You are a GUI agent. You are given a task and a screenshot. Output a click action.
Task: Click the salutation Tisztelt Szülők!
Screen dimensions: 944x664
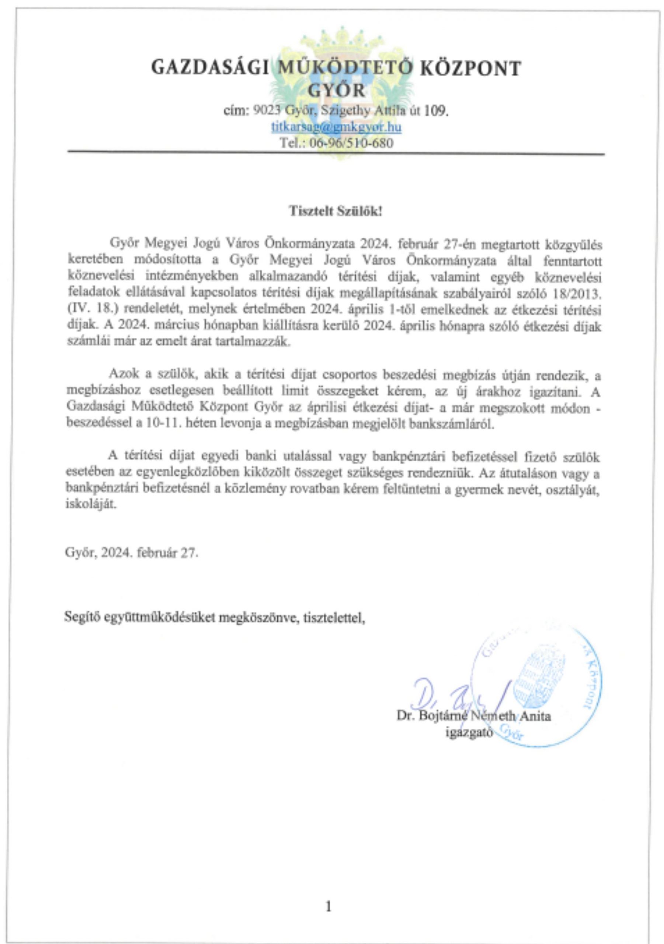[x=336, y=212]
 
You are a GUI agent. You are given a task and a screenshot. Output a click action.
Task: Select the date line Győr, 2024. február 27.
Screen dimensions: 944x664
[x=132, y=553]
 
